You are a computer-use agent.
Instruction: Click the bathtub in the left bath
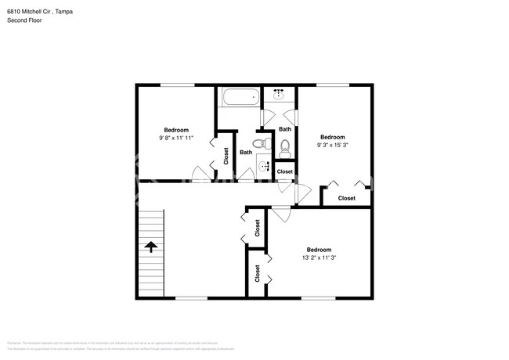239,99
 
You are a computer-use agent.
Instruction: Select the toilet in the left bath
267,144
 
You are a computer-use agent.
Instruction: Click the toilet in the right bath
285,145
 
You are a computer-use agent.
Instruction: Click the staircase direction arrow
150,247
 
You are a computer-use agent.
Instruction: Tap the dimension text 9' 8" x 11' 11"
175,139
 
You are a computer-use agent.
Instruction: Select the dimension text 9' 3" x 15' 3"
332,144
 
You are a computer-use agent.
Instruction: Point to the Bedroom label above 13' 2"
318,250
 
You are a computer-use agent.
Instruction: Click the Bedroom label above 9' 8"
175,130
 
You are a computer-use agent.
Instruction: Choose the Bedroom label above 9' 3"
332,135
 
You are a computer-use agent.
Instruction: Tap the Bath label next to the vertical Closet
246,153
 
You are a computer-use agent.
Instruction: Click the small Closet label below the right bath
284,171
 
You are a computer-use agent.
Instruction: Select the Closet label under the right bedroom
346,198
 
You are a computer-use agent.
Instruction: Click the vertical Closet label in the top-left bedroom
226,156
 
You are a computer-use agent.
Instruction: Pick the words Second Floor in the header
24,20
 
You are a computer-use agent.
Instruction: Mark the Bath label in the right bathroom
285,129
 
